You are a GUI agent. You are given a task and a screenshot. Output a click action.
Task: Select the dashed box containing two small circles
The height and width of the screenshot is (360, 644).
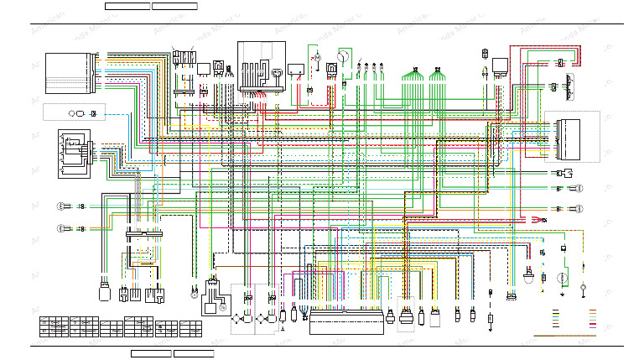click(75, 112)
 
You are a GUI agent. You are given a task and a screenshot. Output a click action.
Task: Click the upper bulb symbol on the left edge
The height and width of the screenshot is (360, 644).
click(60, 206)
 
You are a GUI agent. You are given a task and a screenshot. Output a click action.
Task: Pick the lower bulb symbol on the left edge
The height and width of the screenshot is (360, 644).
click(60, 228)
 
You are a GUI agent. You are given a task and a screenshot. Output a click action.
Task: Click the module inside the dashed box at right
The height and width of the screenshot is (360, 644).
click(577, 136)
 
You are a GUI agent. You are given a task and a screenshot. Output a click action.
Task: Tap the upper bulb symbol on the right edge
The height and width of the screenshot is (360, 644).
click(579, 188)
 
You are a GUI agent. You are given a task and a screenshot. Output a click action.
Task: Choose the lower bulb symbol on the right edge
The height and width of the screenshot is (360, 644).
click(579, 208)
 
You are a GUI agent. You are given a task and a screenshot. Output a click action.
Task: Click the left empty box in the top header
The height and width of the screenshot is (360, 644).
click(127, 6)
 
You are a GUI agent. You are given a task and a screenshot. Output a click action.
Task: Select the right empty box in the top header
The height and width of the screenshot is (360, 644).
click(174, 6)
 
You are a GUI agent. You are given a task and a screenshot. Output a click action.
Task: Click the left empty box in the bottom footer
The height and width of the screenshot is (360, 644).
click(151, 353)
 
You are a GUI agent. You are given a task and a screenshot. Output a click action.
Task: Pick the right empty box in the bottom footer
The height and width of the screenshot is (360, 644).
click(194, 353)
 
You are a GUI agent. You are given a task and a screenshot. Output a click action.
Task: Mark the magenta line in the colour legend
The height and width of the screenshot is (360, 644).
click(593, 322)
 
